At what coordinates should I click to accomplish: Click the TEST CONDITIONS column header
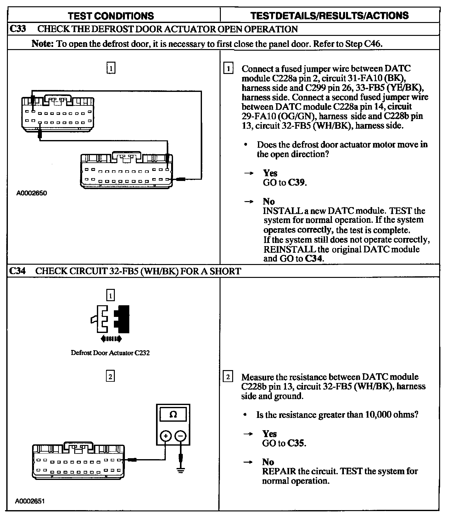point(111,16)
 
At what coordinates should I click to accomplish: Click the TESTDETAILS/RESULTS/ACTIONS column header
point(329,16)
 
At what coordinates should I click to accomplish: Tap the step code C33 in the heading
point(18,29)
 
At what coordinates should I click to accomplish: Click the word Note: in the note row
point(43,44)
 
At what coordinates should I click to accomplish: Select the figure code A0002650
point(31,193)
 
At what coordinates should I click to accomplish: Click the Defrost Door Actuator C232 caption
point(110,353)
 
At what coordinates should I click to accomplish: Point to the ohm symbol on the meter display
point(173,414)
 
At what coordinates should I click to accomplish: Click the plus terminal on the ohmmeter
point(166,436)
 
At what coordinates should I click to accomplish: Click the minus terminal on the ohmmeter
point(180,436)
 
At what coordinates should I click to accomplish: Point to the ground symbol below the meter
point(180,471)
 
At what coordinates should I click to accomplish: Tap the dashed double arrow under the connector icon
point(110,339)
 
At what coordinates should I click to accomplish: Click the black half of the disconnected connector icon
point(122,319)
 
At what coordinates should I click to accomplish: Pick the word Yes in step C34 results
point(270,434)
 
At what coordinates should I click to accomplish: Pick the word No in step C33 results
point(269,201)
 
